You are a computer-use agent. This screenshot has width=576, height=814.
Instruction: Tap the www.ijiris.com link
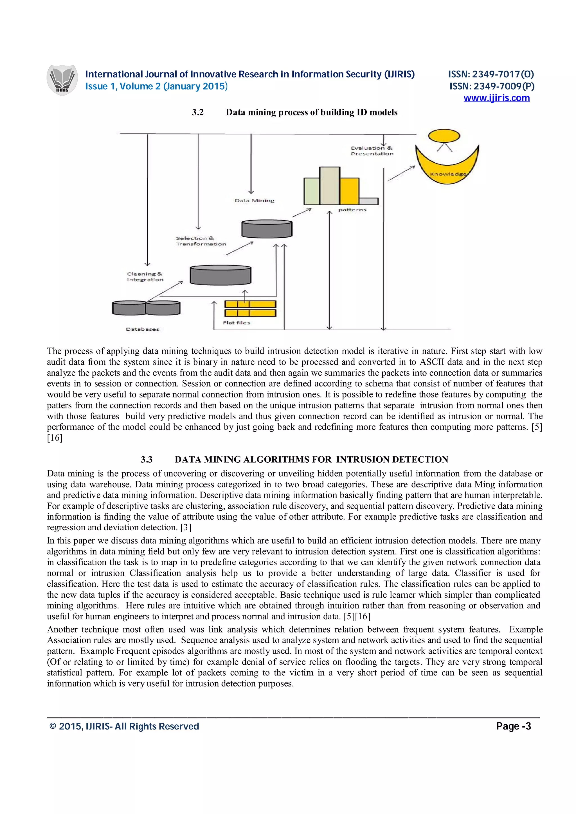point(496,98)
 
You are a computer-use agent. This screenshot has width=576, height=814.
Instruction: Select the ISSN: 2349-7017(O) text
point(491,74)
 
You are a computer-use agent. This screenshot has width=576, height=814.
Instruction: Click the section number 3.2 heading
point(198,112)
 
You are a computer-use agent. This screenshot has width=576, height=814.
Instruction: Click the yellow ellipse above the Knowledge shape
point(444,136)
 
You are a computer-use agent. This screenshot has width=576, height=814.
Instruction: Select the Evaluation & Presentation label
point(372,151)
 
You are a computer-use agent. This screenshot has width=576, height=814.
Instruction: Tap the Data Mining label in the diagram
point(255,201)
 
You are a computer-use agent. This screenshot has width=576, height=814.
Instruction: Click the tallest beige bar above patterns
point(330,186)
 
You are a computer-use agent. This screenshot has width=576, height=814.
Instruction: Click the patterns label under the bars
point(352,210)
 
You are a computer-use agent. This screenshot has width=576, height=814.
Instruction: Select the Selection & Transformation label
point(201,241)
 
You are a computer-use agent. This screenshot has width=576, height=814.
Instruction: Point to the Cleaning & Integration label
point(145,277)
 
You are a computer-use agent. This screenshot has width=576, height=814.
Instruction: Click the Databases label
point(143,329)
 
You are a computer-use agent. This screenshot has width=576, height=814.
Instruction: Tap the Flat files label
point(236,323)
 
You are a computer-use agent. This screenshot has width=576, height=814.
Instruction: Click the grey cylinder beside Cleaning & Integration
point(220,275)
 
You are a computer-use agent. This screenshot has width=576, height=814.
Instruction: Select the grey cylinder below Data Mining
point(267,229)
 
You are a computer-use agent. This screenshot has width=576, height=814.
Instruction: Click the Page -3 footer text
point(513,726)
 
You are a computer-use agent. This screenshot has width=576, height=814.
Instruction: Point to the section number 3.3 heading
point(146,460)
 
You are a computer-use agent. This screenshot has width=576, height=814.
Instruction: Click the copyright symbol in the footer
point(53,726)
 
